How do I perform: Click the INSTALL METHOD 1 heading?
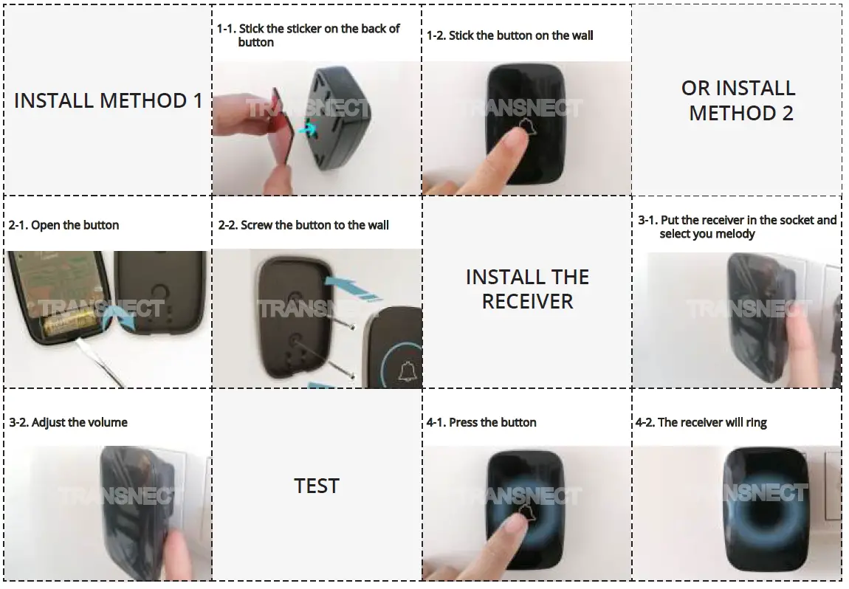click(x=108, y=100)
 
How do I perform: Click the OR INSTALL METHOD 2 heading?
click(x=739, y=100)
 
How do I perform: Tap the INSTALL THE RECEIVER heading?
click(x=527, y=289)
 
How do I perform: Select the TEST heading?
click(x=317, y=486)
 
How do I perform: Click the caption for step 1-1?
click(x=309, y=35)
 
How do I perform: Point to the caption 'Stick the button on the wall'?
click(x=511, y=35)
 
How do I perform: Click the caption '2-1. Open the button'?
click(x=64, y=225)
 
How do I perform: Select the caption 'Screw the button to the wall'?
click(x=304, y=225)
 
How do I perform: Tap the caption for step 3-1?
click(x=738, y=227)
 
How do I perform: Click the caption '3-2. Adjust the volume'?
click(x=69, y=422)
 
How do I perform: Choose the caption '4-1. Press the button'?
click(x=492, y=422)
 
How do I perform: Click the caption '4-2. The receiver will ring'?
click(x=701, y=422)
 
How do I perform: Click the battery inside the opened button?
click(x=69, y=325)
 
